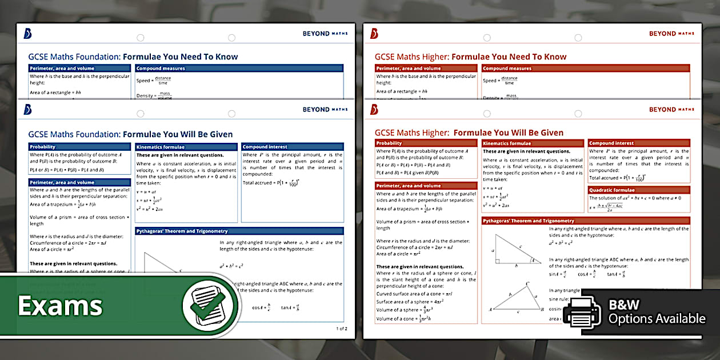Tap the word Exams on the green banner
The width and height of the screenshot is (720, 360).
(60, 306)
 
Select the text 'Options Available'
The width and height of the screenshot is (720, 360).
(657, 319)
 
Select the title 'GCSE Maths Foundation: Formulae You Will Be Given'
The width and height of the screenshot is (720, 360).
(130, 134)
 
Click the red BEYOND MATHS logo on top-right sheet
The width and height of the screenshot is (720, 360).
(671, 34)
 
